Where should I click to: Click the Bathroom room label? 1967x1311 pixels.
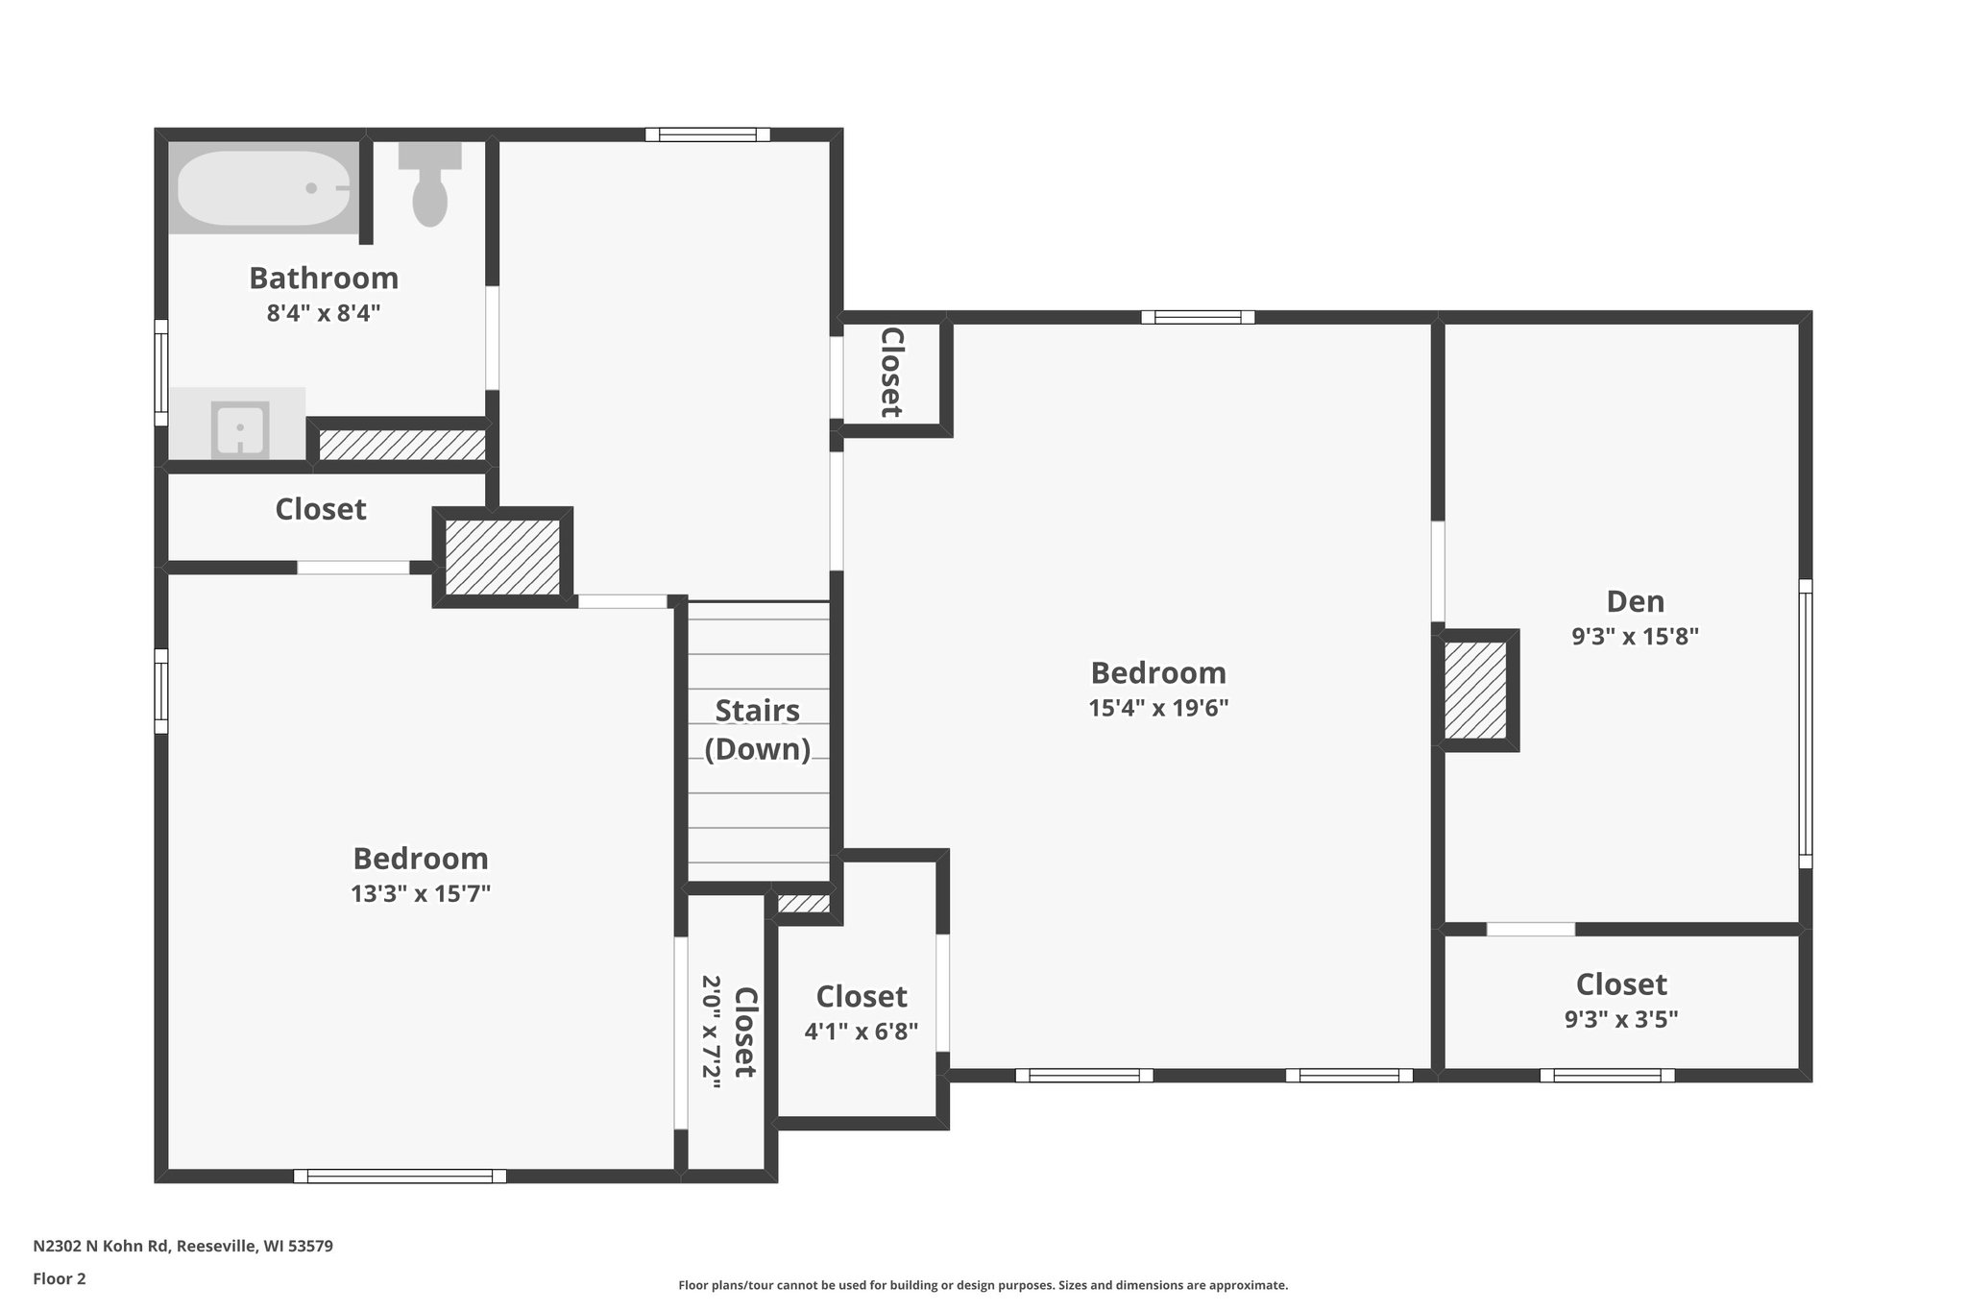(x=324, y=279)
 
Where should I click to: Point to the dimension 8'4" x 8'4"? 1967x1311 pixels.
(x=324, y=313)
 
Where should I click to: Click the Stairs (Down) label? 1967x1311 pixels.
(x=757, y=730)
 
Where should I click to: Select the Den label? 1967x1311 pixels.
(x=1635, y=602)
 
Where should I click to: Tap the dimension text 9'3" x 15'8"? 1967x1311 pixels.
(x=1635, y=637)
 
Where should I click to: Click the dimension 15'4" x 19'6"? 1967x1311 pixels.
(x=1158, y=709)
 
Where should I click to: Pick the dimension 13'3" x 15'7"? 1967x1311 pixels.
(x=421, y=894)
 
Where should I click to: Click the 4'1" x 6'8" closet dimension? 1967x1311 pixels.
(x=861, y=1032)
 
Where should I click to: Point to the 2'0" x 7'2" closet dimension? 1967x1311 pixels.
(x=712, y=1032)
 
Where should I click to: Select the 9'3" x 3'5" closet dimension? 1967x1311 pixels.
(x=1621, y=1020)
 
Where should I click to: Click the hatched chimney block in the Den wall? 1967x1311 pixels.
(x=1475, y=691)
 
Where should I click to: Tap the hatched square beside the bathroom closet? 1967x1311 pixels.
(x=502, y=557)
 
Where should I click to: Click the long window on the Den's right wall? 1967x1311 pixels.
(x=1805, y=724)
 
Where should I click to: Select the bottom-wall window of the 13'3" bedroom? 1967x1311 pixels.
(x=400, y=1176)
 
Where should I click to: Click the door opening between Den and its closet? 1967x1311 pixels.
(x=1531, y=929)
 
